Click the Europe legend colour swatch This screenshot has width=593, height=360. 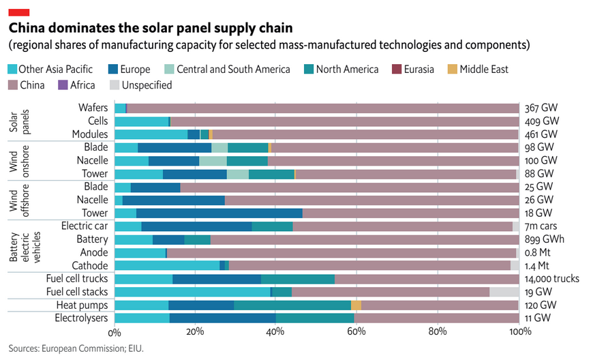coord(113,69)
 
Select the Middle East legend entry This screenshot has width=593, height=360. coord(484,69)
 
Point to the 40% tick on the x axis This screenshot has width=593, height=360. coord(275,332)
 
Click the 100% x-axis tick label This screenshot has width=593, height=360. coord(519,332)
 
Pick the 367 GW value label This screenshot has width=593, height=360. coord(541,108)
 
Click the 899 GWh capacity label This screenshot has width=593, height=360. coord(545,239)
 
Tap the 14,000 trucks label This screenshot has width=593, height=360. coord(552,279)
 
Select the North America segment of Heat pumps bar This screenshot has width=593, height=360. coord(292,305)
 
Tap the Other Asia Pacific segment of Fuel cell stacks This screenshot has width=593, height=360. coord(192,292)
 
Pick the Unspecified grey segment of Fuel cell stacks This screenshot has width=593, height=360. coord(504,292)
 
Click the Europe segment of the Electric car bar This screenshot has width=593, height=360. coord(196,226)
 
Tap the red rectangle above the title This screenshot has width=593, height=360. coord(18,11)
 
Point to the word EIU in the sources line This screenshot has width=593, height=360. coord(134,348)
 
